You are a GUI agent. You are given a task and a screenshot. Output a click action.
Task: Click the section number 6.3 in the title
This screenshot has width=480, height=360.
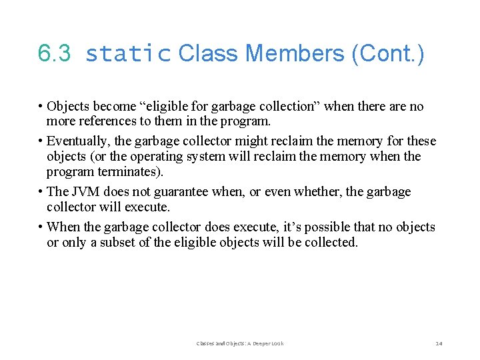[x=54, y=53]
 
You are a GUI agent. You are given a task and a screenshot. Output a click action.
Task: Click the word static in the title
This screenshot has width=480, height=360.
[x=128, y=54]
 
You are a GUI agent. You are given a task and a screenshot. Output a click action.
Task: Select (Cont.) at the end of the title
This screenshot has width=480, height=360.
[x=387, y=53]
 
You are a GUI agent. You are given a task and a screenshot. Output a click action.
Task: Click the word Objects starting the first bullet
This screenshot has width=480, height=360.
[x=69, y=107]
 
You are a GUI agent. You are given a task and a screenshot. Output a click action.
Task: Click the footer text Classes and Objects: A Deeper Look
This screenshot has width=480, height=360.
[x=240, y=343]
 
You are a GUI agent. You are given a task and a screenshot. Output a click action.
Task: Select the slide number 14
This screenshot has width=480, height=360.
[x=438, y=343]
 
